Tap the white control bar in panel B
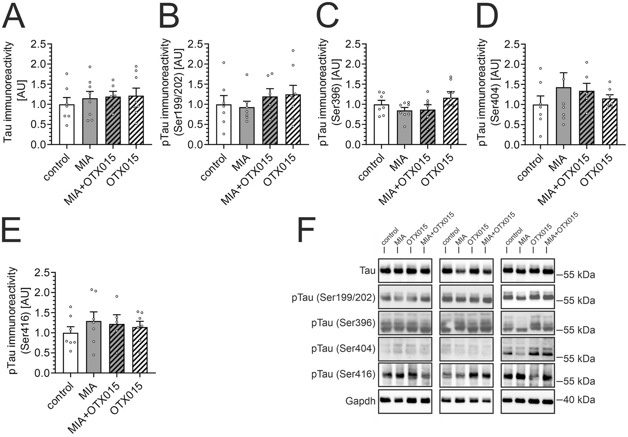coord(224,125)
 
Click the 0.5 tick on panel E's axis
coord(41,353)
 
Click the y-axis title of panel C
coord(329,92)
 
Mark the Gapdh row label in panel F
coord(360,401)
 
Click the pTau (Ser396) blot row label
coord(343,323)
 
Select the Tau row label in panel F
coord(367,270)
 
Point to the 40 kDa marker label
coord(576,400)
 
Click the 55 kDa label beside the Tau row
coord(576,275)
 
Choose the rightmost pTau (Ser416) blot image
coord(527,375)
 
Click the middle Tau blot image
coord(466,271)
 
